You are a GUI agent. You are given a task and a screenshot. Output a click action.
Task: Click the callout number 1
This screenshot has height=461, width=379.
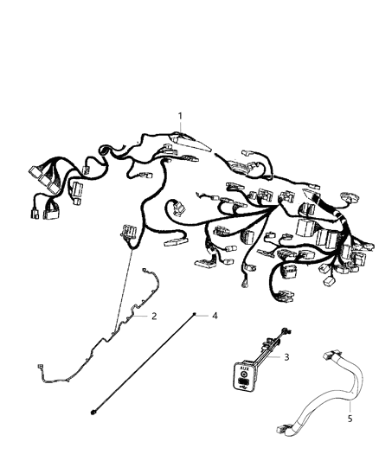(181, 116)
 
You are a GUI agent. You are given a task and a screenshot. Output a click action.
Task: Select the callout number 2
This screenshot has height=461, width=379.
(154, 317)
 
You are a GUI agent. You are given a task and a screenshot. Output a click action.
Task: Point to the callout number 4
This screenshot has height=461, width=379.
(215, 316)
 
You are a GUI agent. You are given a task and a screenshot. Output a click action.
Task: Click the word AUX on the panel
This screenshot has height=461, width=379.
(245, 367)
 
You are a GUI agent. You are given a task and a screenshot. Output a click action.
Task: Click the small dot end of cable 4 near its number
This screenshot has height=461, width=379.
(196, 315)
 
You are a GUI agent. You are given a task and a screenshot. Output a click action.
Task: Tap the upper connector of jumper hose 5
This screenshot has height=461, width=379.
(308, 355)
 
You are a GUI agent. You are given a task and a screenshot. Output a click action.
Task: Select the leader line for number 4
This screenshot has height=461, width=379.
(204, 316)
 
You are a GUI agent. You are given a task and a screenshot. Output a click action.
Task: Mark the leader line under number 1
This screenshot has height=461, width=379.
(181, 127)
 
